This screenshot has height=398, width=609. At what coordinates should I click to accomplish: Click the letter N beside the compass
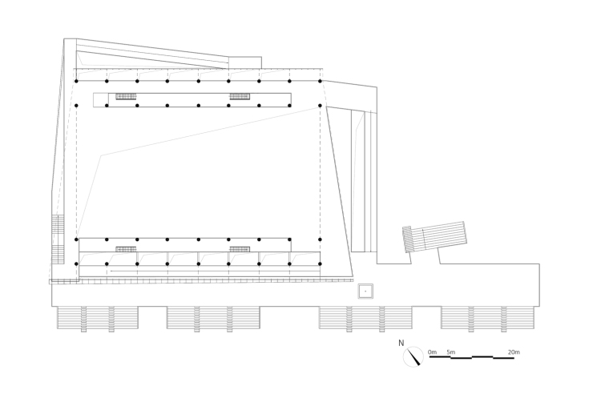click(401, 344)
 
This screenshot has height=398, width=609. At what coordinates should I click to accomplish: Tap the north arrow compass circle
click(413, 356)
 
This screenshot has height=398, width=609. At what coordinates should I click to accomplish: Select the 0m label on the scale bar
click(432, 352)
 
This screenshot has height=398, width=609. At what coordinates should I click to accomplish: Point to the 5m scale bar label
click(450, 352)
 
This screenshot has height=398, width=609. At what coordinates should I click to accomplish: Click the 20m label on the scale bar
click(513, 352)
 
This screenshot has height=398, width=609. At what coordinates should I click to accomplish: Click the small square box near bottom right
click(365, 291)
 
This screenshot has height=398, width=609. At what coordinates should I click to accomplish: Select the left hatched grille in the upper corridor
click(126, 96)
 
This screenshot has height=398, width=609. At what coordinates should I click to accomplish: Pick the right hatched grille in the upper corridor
click(240, 96)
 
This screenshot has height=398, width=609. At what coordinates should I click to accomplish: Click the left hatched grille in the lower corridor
click(126, 249)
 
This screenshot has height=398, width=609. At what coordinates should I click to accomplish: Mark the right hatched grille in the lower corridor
click(240, 249)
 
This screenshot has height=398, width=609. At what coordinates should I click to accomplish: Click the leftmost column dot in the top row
click(76, 81)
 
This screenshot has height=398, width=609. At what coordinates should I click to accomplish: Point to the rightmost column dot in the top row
click(320, 81)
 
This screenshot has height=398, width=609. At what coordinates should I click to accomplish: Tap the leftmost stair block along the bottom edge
click(97, 318)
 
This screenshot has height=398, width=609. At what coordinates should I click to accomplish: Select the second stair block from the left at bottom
click(213, 318)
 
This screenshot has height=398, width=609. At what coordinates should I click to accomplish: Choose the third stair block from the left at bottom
click(365, 318)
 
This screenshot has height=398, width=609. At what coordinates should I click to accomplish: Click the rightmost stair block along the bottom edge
click(487, 318)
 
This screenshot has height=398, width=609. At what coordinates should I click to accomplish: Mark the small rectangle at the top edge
click(245, 62)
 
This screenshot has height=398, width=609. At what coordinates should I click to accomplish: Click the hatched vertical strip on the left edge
click(58, 239)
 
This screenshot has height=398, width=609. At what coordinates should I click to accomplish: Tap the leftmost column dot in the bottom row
click(76, 263)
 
